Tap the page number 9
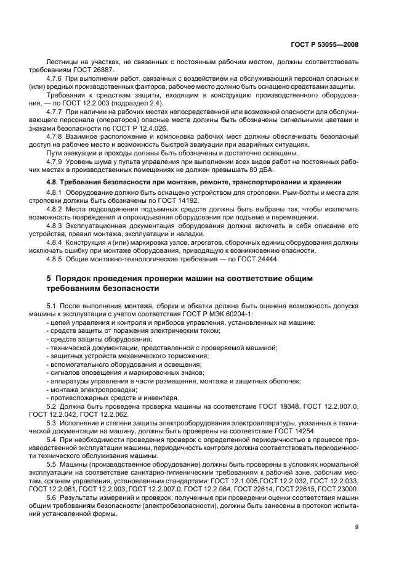click(357, 526)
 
